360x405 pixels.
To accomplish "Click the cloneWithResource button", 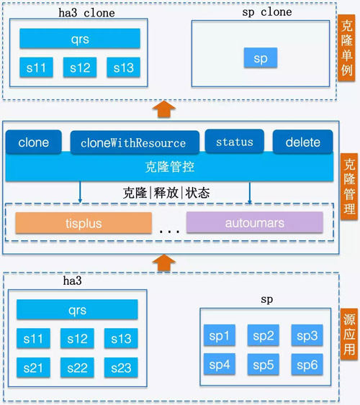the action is [135, 142].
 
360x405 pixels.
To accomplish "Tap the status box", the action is [235, 141].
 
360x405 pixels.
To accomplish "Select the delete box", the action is [302, 142].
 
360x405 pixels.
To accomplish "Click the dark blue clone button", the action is [34, 142].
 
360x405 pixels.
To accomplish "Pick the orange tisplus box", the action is [84, 223].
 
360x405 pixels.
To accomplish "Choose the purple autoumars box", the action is [255, 222].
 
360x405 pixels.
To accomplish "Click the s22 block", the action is [77, 368].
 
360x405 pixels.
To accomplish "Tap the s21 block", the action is [33, 368].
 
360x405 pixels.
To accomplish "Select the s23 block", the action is [121, 368].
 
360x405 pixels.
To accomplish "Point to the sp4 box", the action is [220, 364].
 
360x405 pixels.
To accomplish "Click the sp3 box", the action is [307, 335].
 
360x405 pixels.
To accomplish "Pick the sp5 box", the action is [263, 364].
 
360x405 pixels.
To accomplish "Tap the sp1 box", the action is [220, 335].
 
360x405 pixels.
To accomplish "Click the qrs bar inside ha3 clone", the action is [80, 38].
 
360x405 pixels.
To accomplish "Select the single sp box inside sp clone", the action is [261, 58].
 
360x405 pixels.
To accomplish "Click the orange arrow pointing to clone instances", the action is [164, 109].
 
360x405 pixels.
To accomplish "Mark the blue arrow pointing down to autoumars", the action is [249, 193].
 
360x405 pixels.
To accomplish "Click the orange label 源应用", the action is [349, 334].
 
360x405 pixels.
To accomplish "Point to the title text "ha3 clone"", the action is [86, 13].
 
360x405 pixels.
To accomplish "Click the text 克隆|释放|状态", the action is [166, 193].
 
